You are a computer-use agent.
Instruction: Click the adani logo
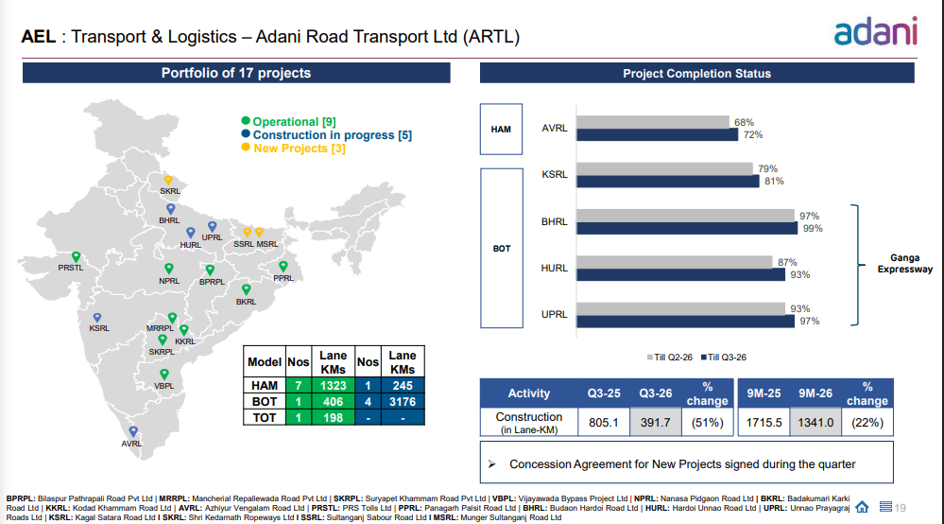tap(876, 32)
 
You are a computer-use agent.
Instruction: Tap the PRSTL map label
tap(71, 268)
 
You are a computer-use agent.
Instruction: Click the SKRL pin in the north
tap(168, 180)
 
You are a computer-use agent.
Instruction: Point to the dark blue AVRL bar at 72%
tap(657, 134)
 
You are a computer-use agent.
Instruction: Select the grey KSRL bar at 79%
tap(664, 168)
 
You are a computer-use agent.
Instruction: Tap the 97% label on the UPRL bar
tap(809, 322)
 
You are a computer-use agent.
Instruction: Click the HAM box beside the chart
tap(501, 129)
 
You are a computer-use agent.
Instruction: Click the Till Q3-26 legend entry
tap(727, 357)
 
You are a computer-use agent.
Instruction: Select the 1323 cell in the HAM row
tap(334, 386)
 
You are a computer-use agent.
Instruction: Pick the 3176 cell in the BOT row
tap(403, 402)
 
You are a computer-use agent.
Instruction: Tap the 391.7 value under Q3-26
tap(654, 423)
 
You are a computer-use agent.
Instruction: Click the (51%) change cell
tap(708, 423)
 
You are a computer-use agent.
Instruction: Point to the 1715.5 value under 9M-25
tap(763, 423)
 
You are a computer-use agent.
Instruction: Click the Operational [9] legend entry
tap(293, 122)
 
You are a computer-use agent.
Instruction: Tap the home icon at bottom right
tap(862, 506)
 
